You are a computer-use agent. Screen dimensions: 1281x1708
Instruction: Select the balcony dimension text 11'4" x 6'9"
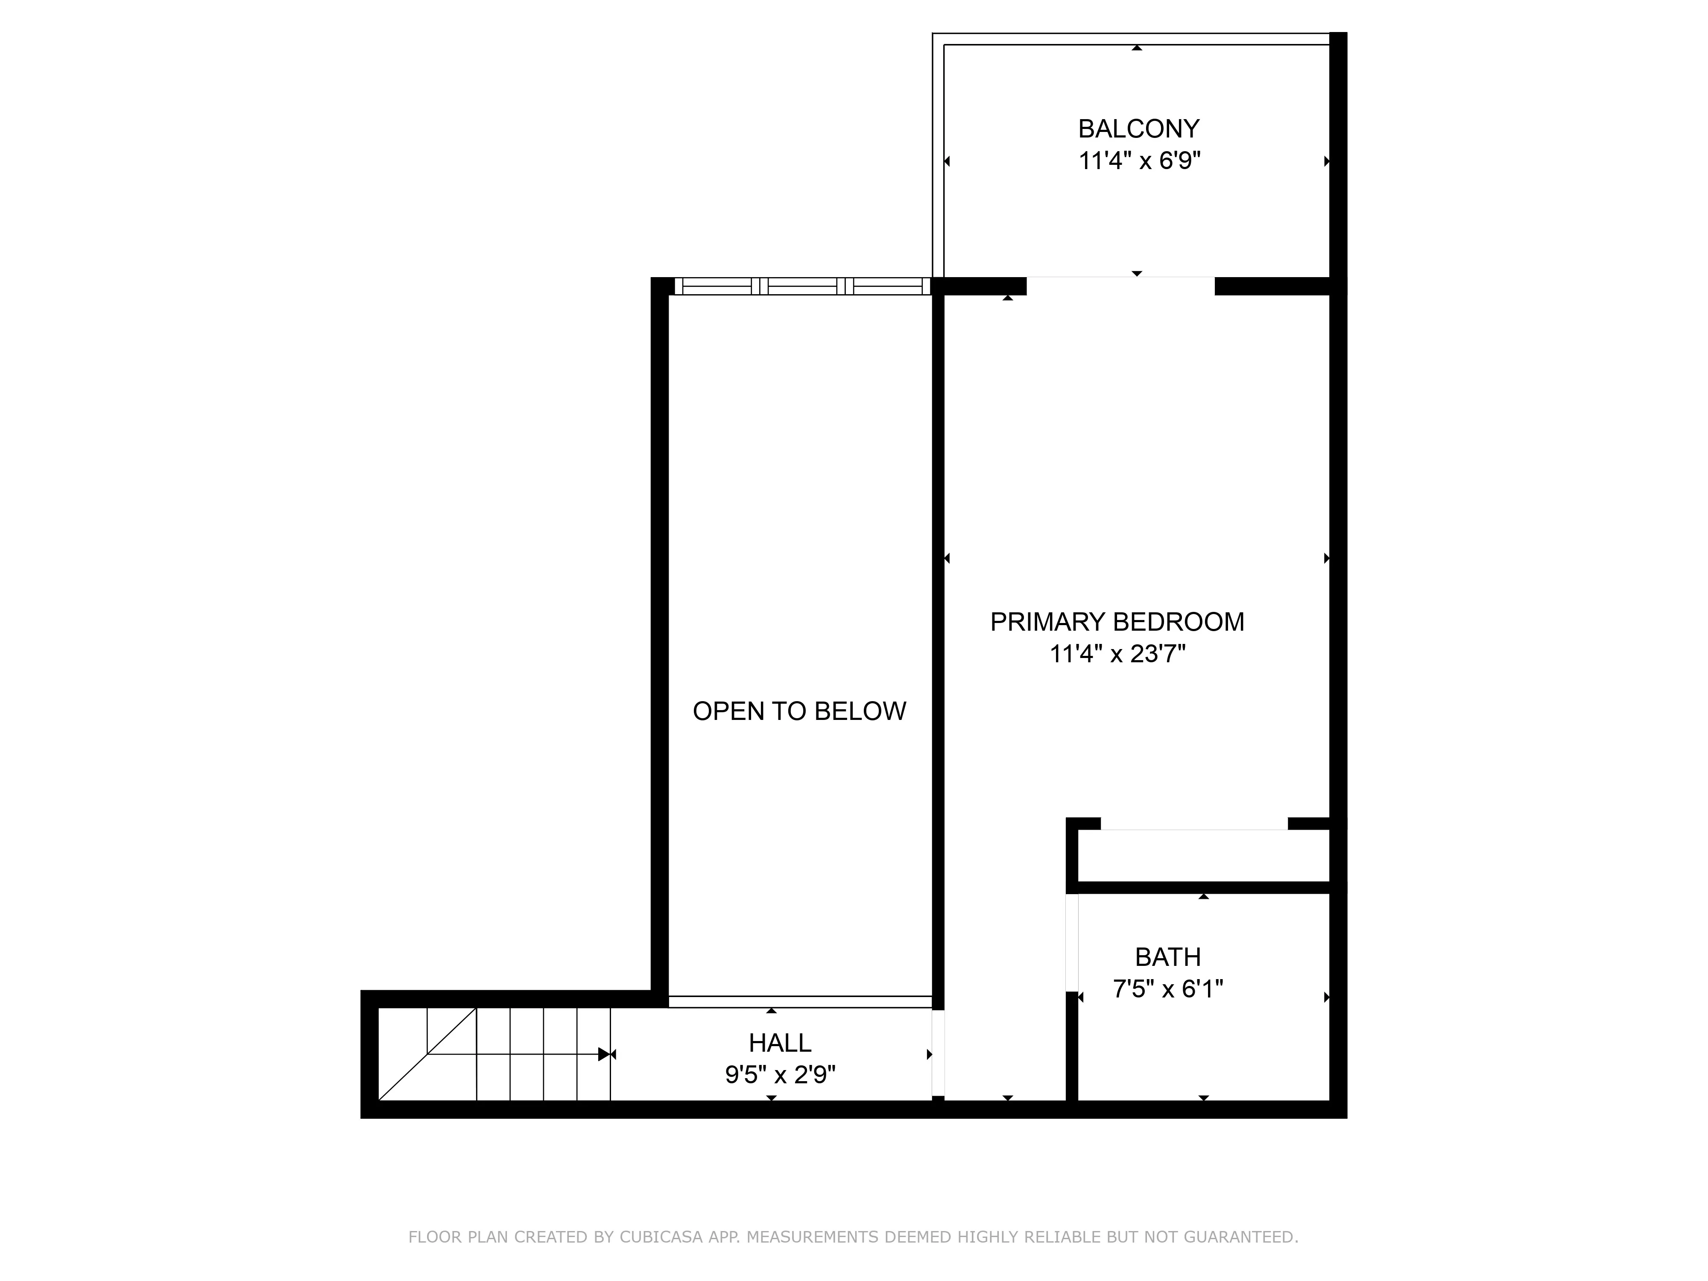point(1139,161)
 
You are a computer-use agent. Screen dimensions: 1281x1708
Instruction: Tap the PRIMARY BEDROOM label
point(1117,622)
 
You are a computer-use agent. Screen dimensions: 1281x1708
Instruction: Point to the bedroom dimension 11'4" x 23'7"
point(1117,655)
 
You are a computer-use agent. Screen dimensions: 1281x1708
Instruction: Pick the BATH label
point(1167,957)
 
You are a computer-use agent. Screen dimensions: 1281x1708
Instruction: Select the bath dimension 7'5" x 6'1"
point(1167,989)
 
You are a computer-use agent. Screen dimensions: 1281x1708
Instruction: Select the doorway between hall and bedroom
point(938,1054)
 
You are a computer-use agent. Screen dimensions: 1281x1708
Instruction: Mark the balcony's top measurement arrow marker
point(1137,48)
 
